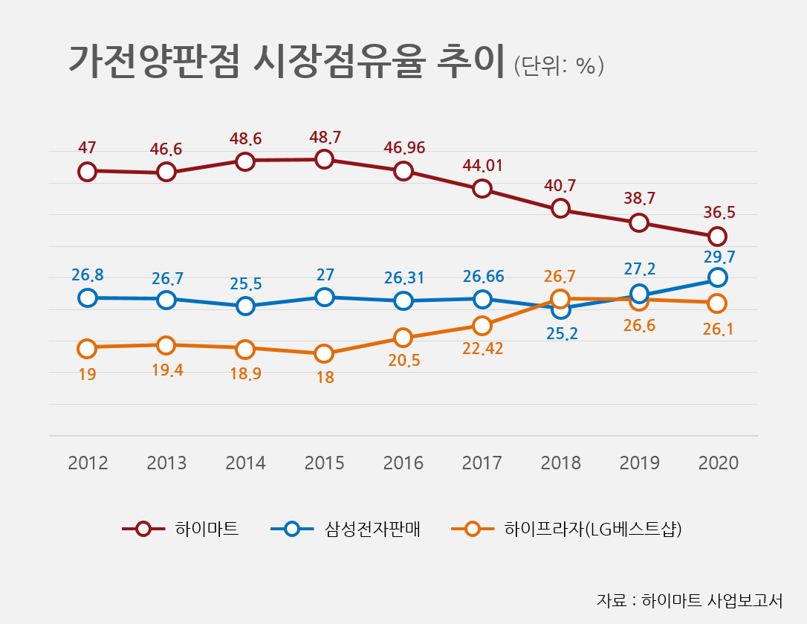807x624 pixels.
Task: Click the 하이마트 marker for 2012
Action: [87, 171]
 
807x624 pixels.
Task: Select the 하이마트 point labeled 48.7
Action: [324, 159]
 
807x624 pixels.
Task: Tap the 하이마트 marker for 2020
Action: [717, 237]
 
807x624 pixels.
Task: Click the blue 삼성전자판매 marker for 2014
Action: [245, 306]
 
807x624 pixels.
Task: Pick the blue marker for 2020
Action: [717, 277]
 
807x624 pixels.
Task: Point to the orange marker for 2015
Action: [324, 353]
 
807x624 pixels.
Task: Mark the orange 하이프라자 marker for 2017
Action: [482, 326]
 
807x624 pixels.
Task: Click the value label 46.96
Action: [404, 147]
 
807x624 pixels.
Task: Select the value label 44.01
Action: [482, 165]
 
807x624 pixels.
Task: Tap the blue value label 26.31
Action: [403, 277]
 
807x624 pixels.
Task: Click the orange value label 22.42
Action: [482, 348]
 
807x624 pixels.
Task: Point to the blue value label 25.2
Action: [561, 334]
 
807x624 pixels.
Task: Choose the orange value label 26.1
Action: [718, 328]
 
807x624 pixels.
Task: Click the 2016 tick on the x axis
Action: [403, 463]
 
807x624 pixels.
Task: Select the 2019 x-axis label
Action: [639, 463]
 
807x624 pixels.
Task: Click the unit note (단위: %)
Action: [558, 65]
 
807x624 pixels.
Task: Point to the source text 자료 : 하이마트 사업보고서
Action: [689, 599]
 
